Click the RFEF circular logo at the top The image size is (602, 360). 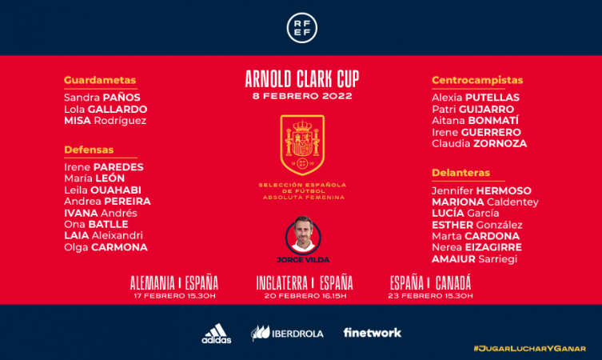click(301, 28)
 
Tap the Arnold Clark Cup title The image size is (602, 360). click(302, 79)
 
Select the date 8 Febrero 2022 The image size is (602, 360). click(302, 96)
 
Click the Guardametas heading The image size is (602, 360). click(100, 80)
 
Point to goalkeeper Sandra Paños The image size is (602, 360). click(102, 98)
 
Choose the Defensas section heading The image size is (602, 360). click(89, 150)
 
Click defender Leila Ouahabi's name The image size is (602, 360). click(102, 190)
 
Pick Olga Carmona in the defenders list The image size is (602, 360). click(106, 247)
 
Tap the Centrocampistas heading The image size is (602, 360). click(477, 80)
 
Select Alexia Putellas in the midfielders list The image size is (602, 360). click(476, 98)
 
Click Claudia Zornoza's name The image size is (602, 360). click(479, 144)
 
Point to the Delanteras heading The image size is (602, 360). click(460, 173)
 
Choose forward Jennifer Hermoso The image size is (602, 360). click(481, 190)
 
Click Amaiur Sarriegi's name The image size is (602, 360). click(474, 259)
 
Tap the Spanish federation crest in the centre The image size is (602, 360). click(302, 145)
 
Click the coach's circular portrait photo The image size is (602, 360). click(302, 235)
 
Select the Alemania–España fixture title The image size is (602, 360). click(174, 283)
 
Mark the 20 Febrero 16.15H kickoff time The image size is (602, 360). click(305, 296)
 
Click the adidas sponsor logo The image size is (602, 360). click(217, 333)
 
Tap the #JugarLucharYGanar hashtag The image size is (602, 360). click(529, 349)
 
